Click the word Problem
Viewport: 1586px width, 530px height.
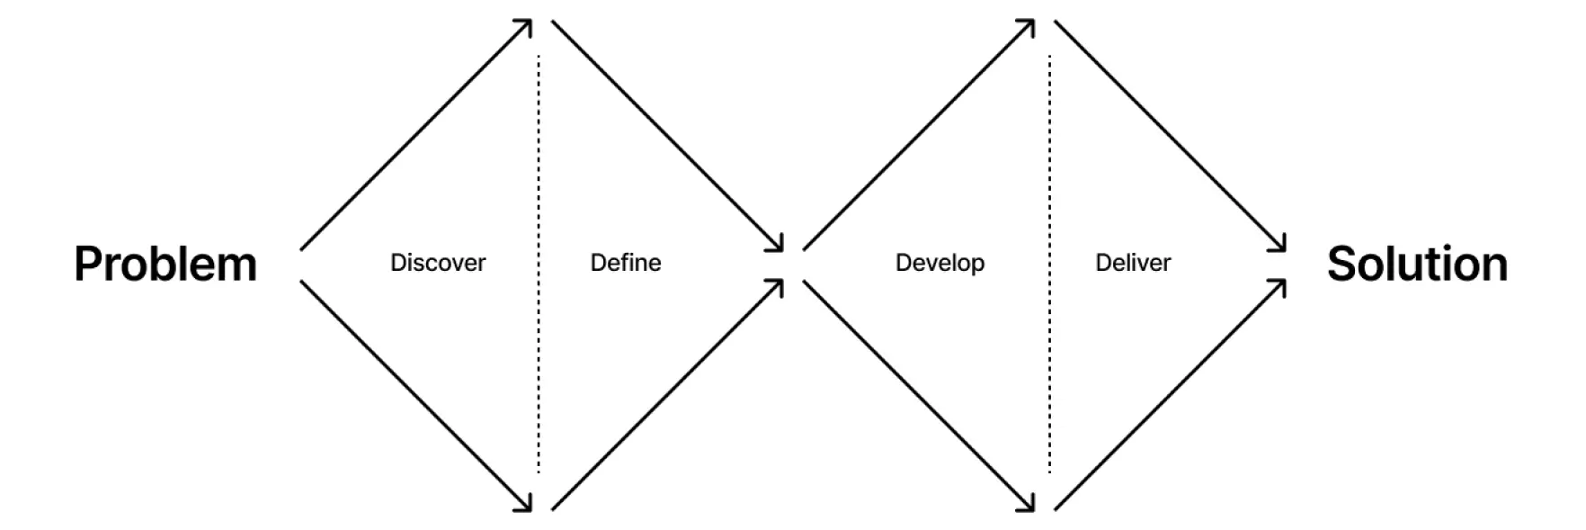point(165,264)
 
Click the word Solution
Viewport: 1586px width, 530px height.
point(1417,264)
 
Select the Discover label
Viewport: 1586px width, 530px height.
point(438,263)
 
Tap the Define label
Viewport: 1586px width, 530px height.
point(626,263)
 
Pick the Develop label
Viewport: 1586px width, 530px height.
point(940,264)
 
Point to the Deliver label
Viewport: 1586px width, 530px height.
point(1133,263)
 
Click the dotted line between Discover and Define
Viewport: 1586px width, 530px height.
point(539,264)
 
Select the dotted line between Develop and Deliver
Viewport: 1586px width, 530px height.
point(1049,264)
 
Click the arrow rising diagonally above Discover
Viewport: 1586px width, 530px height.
point(416,134)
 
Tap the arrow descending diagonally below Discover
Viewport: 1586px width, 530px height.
point(416,396)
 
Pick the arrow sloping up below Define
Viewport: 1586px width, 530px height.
point(668,395)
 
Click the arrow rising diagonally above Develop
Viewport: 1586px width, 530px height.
point(919,134)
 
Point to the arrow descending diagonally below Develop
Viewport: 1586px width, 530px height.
point(919,396)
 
